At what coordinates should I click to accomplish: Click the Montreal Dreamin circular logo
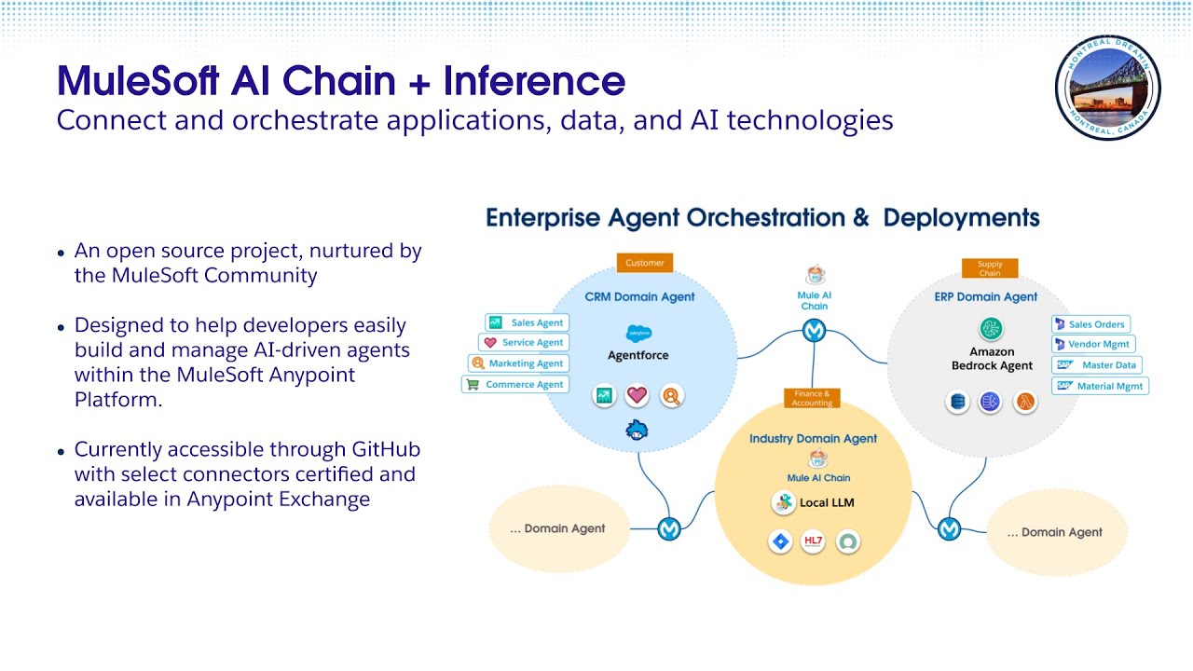coord(1107,88)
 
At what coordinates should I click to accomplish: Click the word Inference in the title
coord(534,81)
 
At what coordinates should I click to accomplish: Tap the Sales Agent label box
coord(528,322)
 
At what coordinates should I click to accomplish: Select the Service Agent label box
coord(524,343)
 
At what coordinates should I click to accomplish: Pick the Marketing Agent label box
coord(518,363)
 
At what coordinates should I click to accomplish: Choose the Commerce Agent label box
coord(515,384)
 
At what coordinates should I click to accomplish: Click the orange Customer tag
coord(644,263)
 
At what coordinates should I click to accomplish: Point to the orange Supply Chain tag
coord(989,268)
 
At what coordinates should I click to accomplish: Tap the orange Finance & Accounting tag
coord(812,399)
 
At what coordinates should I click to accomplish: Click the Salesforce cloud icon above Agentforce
coord(638,333)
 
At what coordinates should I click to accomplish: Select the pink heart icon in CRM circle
coord(637,395)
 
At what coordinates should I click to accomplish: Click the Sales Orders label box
coord(1090,324)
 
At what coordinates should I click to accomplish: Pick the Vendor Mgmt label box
coord(1092,345)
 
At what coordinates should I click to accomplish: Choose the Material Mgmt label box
coord(1100,386)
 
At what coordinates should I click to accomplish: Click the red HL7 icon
coord(813,541)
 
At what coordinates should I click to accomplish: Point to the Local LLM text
coord(826,503)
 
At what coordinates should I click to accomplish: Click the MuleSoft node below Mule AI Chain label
coord(815,331)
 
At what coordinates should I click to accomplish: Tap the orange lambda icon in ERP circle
coord(1024,403)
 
